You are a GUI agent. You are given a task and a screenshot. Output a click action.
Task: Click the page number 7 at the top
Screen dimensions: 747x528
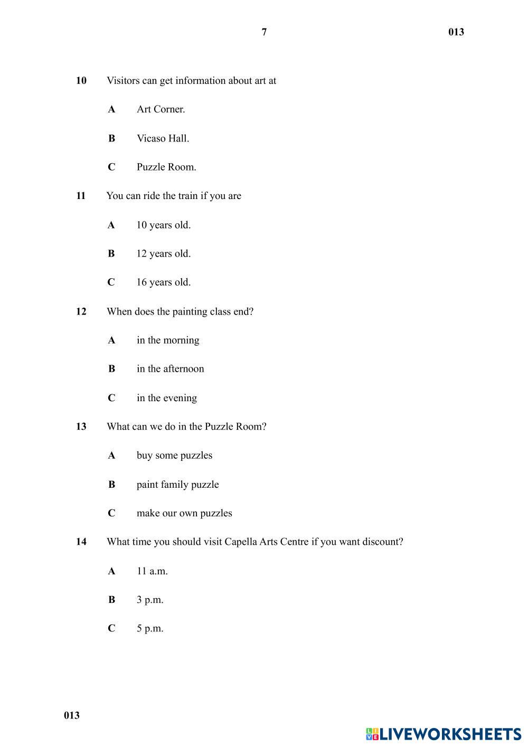point(264,32)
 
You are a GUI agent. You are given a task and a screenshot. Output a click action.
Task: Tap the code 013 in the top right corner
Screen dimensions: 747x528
point(456,32)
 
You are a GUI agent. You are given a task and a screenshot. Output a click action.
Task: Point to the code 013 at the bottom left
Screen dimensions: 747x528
point(72,715)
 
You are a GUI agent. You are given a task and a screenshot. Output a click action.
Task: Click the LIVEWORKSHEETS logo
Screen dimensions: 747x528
point(444,734)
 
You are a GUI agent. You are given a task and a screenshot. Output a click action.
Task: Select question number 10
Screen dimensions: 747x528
point(81,81)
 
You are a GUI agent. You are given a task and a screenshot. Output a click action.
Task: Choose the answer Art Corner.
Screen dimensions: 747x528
point(161,109)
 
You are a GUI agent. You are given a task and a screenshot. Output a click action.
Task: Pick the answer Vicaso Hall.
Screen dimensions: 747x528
point(163,138)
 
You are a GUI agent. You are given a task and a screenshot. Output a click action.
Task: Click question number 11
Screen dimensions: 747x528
point(81,196)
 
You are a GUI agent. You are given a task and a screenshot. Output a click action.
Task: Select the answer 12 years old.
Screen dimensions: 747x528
point(163,253)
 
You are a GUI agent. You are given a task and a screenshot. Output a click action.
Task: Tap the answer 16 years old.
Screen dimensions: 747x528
point(163,282)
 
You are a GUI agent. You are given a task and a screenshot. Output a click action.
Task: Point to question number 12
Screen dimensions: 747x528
point(81,311)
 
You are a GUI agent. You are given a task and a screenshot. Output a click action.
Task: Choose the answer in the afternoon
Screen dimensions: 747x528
point(170,369)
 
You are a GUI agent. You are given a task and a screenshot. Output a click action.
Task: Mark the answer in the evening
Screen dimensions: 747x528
point(166,398)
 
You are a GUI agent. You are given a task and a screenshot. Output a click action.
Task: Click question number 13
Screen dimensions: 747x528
point(81,427)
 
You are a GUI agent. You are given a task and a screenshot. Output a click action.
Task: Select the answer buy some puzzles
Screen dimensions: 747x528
point(174,456)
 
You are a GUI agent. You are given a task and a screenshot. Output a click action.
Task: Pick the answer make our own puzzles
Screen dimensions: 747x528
point(184,513)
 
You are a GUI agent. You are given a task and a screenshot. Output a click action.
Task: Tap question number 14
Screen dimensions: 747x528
point(81,542)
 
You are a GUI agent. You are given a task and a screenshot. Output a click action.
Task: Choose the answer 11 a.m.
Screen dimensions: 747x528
point(152,571)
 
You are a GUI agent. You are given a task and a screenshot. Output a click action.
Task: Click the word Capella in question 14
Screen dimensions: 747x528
point(241,542)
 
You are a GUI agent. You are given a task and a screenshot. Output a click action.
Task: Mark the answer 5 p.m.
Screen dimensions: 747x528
point(150,629)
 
